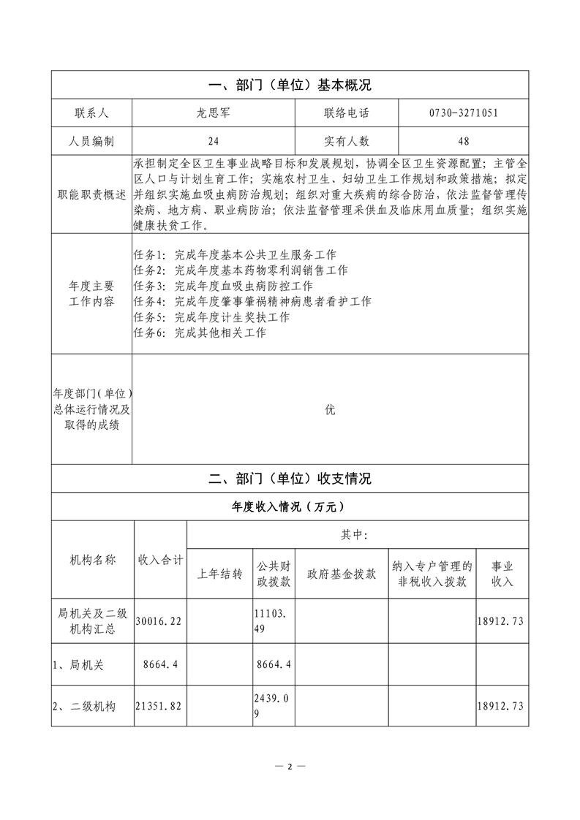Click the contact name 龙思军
click(x=213, y=113)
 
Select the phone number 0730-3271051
click(x=464, y=113)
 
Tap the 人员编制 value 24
click(x=213, y=141)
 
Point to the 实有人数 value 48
click(x=464, y=141)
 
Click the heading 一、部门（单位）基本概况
click(x=290, y=85)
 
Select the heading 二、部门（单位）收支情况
click(x=290, y=479)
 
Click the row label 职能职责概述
click(x=91, y=194)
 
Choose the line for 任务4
click(x=252, y=302)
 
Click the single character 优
click(x=330, y=410)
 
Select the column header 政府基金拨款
click(x=342, y=574)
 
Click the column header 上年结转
click(x=220, y=574)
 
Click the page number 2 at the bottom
click(x=290, y=767)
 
